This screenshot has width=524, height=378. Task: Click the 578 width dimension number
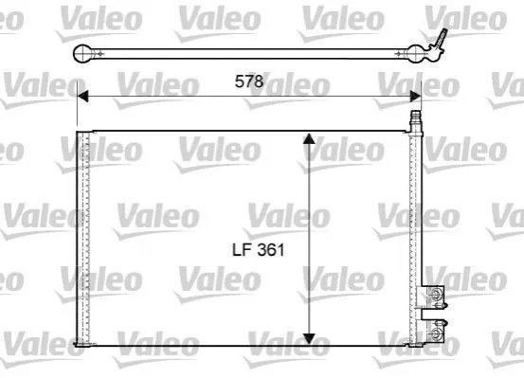[x=249, y=81]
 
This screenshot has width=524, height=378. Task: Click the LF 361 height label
[x=259, y=250]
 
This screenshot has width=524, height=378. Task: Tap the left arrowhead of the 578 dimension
[x=82, y=97]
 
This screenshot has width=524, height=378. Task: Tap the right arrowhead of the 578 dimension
[x=415, y=97]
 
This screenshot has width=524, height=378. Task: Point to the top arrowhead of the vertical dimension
[x=309, y=138]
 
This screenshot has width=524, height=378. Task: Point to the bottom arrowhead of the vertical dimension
[x=309, y=338]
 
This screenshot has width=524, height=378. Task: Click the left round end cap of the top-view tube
[x=81, y=53]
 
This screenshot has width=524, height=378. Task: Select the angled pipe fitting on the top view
[x=438, y=42]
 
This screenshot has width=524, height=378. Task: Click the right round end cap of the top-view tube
[x=415, y=53]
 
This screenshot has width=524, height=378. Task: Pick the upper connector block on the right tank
[x=433, y=297]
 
